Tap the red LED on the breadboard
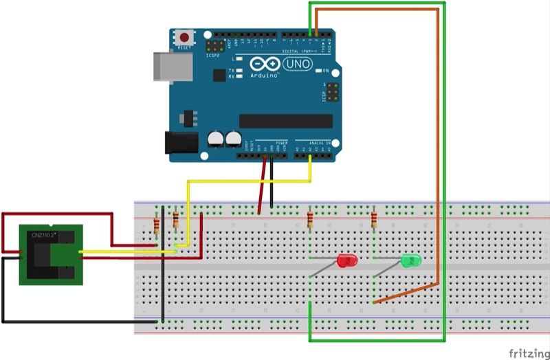[347, 260]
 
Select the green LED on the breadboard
[411, 260]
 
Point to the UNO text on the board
[298, 64]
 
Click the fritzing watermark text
[527, 352]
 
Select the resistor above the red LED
[311, 221]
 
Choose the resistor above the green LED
[374, 220]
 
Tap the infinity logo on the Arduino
[265, 64]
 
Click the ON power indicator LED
[318, 71]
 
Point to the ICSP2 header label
[214, 56]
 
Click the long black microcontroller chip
[285, 121]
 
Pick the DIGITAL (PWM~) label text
[301, 50]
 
